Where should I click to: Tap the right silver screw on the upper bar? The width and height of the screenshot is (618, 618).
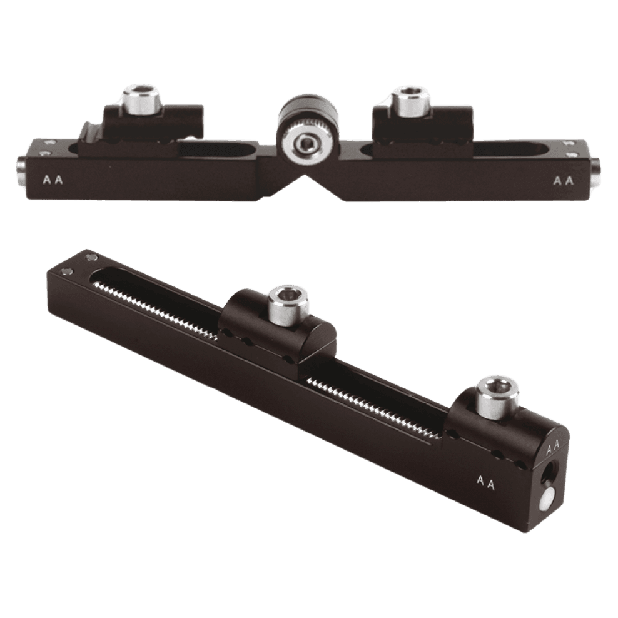click(x=411, y=101)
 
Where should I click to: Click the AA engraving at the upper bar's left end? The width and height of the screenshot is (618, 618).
click(x=53, y=180)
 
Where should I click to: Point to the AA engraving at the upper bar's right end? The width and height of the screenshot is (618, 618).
click(x=564, y=181)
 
